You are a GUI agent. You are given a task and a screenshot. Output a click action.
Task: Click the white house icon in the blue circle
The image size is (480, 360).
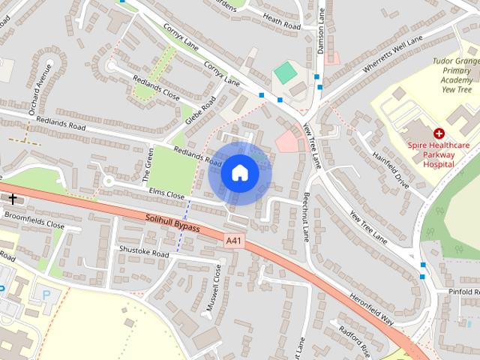239,172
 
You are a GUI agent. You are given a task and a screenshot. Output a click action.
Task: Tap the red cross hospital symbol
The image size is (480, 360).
438,132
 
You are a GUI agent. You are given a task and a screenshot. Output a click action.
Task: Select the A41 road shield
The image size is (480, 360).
234,241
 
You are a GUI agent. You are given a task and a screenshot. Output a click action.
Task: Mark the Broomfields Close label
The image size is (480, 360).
34,223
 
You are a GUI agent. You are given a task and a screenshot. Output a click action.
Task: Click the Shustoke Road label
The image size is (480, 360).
144,253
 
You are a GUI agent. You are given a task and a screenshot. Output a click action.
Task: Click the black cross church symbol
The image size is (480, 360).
12,199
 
